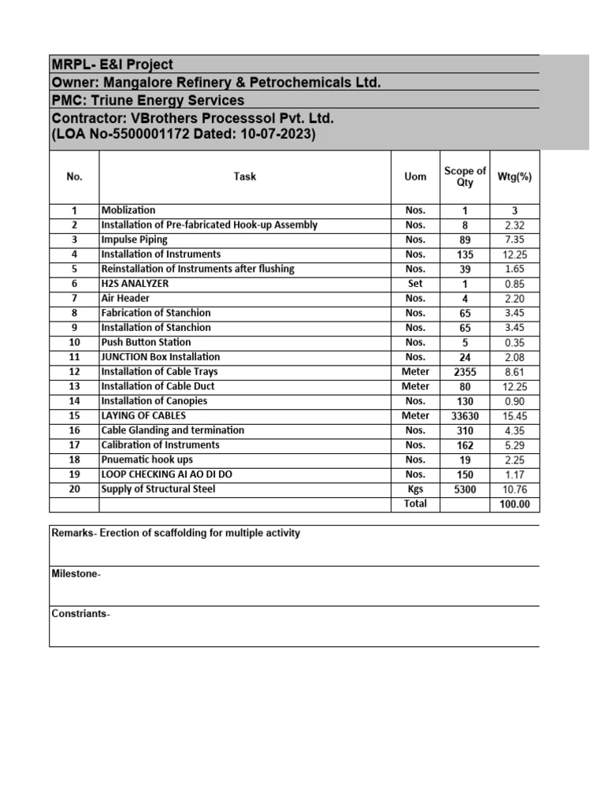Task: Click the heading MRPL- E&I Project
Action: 112,65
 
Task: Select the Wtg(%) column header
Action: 514,177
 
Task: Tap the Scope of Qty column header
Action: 465,177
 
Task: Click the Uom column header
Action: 415,177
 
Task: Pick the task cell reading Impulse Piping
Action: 134,240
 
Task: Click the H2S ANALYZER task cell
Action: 135,284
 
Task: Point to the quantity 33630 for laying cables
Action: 465,416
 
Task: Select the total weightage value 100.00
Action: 514,504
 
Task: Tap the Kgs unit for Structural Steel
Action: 415,489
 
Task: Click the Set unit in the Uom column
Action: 415,284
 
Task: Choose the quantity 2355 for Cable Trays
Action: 465,372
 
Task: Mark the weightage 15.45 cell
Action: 514,416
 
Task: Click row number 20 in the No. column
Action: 75,489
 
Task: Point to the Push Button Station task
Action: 146,342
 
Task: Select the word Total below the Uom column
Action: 415,504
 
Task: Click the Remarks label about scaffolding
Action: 176,534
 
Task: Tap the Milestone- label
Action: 76,574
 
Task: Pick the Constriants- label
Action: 80,614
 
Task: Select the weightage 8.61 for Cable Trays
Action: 514,372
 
